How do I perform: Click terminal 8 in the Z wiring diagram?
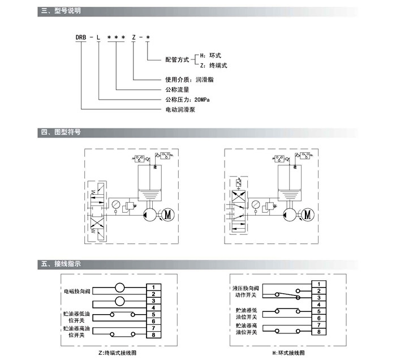[x=154, y=335]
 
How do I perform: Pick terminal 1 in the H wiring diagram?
[x=320, y=283]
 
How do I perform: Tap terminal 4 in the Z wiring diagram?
[x=154, y=307]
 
